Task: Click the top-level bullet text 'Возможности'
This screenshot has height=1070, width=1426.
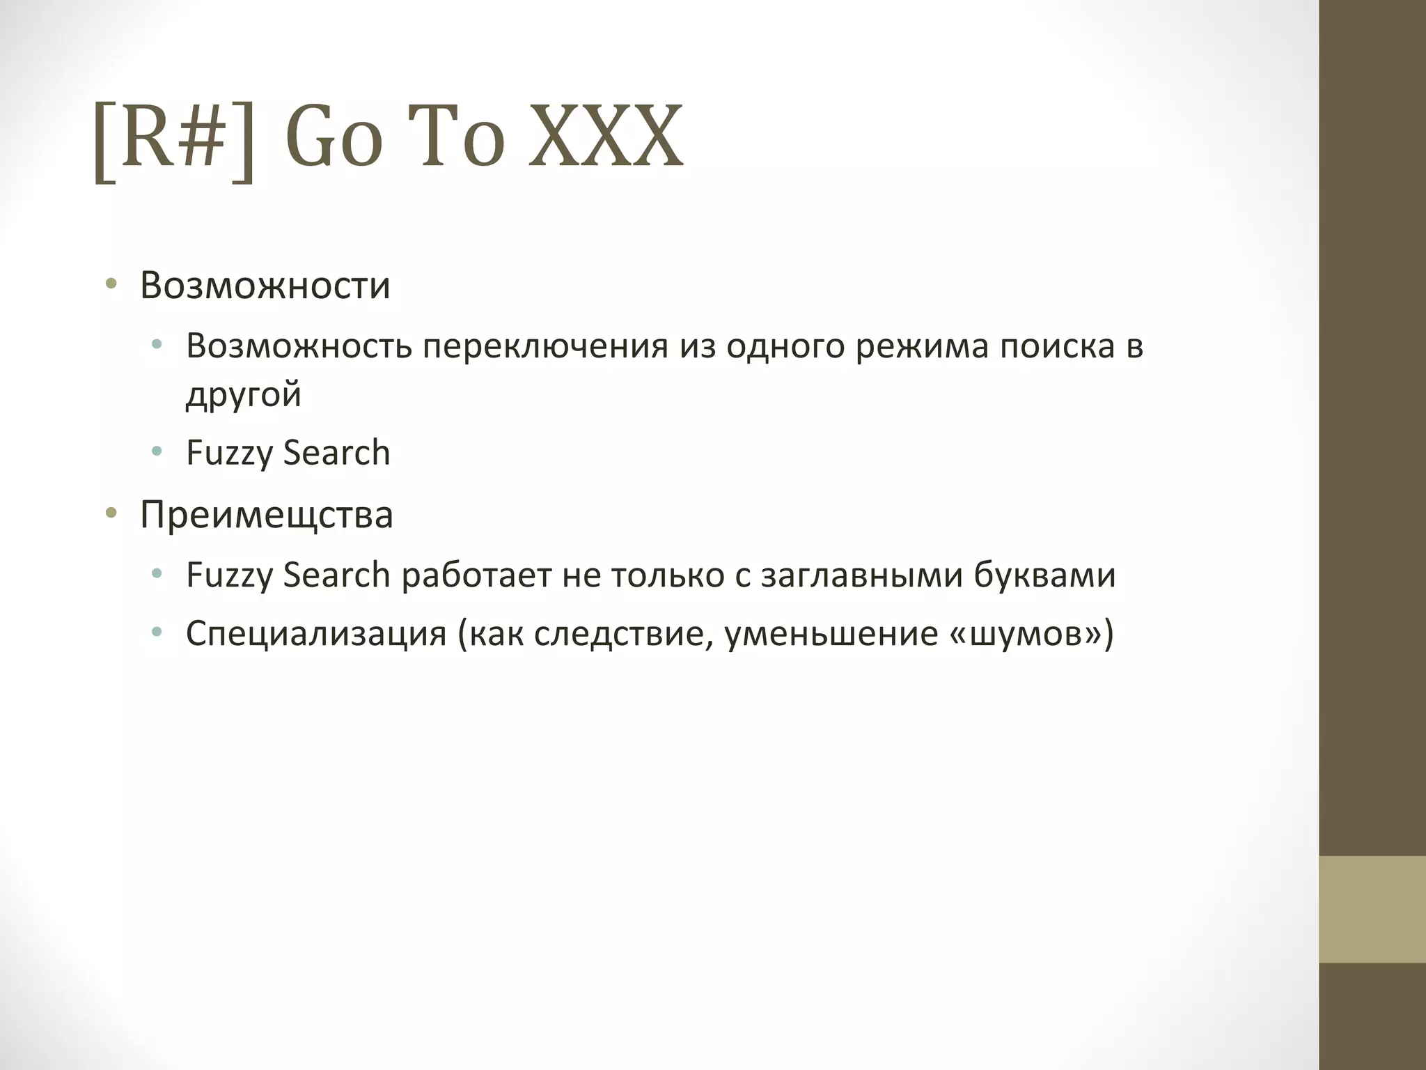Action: pos(265,286)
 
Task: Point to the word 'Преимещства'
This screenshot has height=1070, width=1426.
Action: pos(267,515)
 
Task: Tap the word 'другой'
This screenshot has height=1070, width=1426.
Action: pos(244,395)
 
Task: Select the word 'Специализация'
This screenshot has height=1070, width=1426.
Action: pos(316,634)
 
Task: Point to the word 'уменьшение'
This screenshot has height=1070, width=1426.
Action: pos(831,634)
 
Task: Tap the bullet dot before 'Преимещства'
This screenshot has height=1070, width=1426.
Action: pos(111,514)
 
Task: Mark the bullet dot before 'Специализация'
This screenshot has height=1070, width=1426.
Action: pos(157,633)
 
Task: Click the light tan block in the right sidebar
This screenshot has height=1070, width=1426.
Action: pos(1372,909)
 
